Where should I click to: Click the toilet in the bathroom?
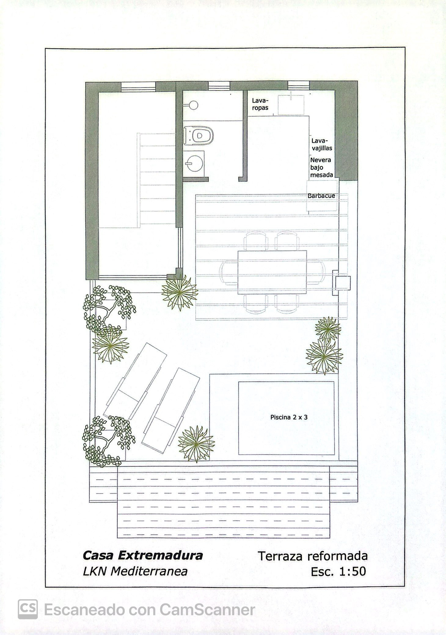[x=198, y=135]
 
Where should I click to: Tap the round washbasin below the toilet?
[x=194, y=163]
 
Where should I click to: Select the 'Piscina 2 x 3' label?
[x=289, y=417]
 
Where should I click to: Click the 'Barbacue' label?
[x=321, y=195]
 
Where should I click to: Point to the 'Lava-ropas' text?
[x=260, y=104]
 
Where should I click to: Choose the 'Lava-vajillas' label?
[x=322, y=144]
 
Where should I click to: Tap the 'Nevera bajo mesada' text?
[x=321, y=167]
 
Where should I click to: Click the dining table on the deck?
[x=272, y=272]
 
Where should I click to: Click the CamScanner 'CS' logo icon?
[x=28, y=609]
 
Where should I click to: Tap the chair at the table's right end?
[x=316, y=272]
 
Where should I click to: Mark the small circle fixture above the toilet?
[x=193, y=105]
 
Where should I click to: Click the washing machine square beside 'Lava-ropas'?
[x=291, y=105]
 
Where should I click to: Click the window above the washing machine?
[x=298, y=86]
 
